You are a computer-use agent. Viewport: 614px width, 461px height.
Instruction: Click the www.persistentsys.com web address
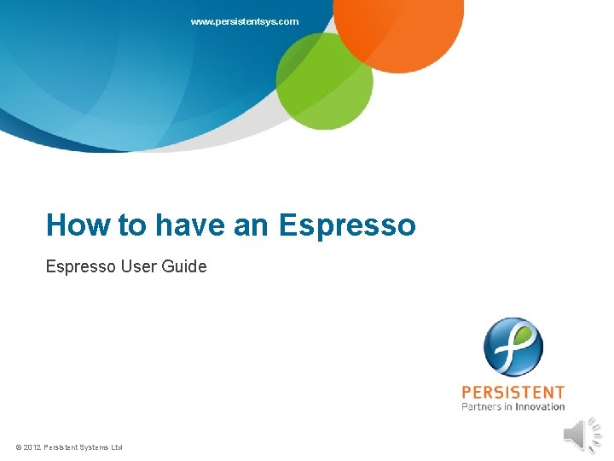(245, 21)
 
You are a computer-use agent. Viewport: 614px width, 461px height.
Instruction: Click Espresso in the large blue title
(347, 225)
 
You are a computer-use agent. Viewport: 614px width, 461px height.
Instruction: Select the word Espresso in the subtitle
(80, 266)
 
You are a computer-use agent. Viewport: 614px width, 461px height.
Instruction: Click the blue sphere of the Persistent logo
(513, 347)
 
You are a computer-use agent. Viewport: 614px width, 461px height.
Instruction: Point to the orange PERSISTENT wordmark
(513, 393)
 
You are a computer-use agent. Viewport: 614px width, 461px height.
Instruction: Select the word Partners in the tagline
(482, 407)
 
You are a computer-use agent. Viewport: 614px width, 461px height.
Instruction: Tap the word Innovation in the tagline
(540, 407)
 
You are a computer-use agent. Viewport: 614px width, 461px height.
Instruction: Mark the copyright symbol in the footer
(19, 447)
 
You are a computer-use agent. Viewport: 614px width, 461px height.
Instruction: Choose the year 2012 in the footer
(32, 447)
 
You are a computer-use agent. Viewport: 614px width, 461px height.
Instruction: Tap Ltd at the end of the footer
(118, 447)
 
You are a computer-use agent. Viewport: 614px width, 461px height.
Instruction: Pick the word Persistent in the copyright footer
(62, 447)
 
